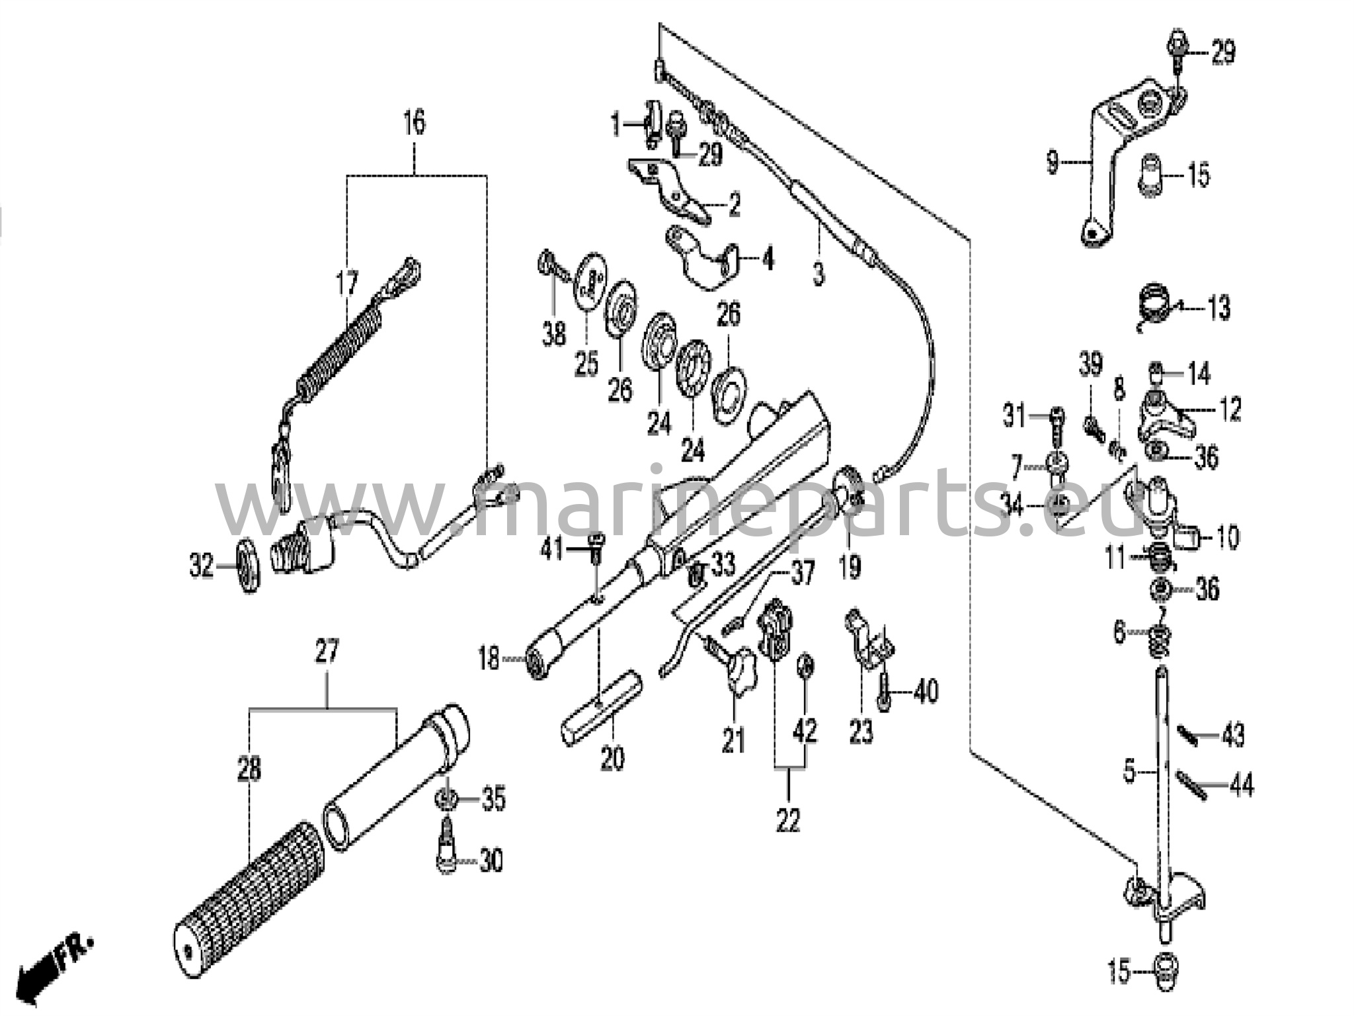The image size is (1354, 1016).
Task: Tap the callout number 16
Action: [415, 124]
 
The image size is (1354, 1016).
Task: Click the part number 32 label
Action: [202, 568]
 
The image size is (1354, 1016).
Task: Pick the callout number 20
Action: [612, 758]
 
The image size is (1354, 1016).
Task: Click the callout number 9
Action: [1053, 161]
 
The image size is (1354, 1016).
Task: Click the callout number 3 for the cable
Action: [818, 273]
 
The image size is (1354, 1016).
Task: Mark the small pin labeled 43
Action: [1188, 736]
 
